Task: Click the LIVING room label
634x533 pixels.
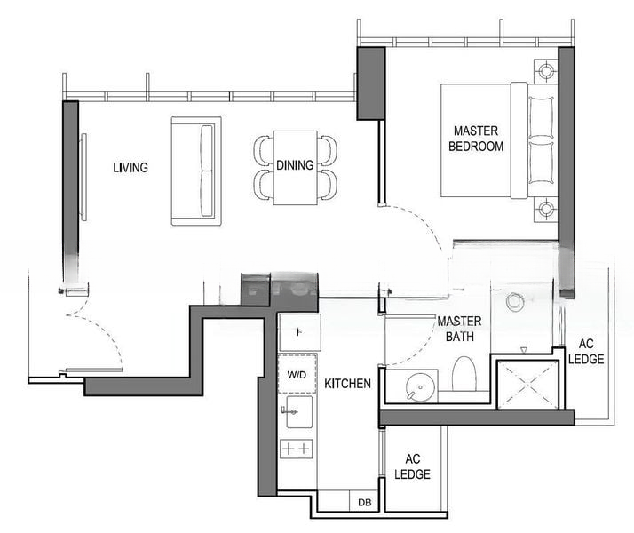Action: [131, 167]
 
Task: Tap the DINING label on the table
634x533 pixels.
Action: [295, 165]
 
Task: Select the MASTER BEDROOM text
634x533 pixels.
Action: [476, 139]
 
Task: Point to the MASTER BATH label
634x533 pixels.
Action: [459, 329]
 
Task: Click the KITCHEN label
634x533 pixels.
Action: [348, 384]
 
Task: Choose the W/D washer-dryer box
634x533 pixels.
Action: [297, 374]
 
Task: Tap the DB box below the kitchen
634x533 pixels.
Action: [364, 502]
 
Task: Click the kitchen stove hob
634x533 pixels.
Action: [297, 449]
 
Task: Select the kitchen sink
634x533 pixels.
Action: [299, 411]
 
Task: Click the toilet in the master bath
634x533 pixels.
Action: [464, 375]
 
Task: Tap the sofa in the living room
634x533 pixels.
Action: [196, 171]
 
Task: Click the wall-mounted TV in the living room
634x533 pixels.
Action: [83, 177]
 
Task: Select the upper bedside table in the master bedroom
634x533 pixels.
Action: [546, 71]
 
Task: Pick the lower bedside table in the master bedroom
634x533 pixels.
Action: [546, 210]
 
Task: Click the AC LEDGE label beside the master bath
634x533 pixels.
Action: [586, 352]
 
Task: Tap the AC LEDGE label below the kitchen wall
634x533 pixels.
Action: [412, 466]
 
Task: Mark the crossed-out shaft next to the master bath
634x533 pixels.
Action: [527, 385]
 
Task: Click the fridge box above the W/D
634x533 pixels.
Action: [299, 332]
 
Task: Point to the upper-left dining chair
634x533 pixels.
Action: [263, 150]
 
